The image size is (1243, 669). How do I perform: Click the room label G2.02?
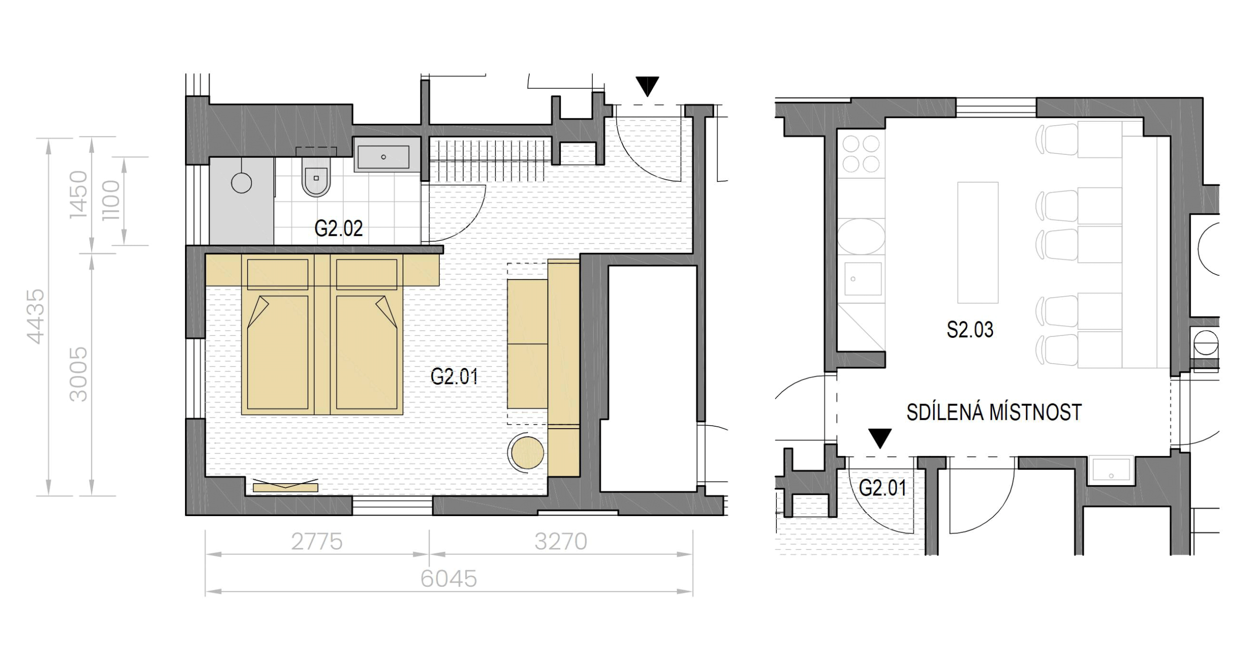click(338, 229)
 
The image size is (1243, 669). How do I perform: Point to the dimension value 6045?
click(449, 579)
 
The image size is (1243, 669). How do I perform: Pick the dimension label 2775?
click(317, 542)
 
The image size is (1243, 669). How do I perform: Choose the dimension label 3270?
click(561, 542)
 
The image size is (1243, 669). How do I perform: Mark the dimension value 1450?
click(79, 194)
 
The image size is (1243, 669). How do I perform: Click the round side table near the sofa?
click(527, 453)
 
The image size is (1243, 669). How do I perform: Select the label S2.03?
click(970, 330)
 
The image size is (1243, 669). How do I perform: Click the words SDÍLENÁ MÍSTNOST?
click(994, 413)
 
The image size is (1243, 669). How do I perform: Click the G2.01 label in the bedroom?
click(454, 377)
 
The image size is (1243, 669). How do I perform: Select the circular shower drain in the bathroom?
click(241, 183)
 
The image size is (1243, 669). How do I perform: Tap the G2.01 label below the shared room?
click(883, 488)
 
